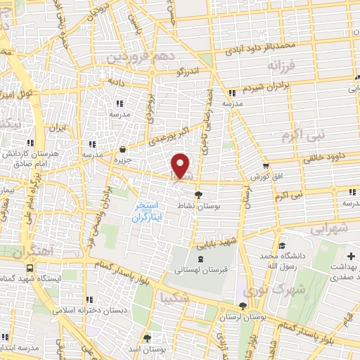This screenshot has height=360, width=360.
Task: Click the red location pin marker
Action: coord(181,166)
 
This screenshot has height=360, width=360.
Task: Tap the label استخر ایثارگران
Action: coord(148,212)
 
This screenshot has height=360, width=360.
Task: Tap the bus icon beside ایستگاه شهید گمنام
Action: coord(30,268)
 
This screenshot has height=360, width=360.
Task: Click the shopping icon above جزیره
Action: coord(123,149)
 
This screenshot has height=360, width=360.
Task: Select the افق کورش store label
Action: coord(268,174)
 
